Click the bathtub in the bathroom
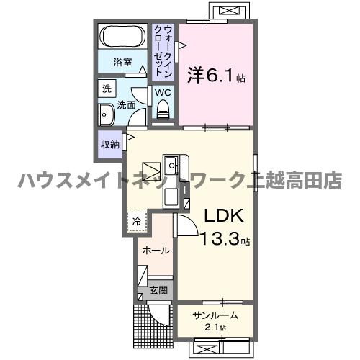[x=122, y=37]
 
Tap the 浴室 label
[x=123, y=63]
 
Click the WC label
[x=162, y=92]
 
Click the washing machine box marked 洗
[x=107, y=89]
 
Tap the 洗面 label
[x=127, y=105]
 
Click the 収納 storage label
[x=109, y=145]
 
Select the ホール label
[x=157, y=251]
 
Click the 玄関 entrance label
[x=158, y=291]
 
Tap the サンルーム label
[x=215, y=315]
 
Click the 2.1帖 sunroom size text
[x=214, y=328]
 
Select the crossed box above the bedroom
[x=225, y=12]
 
